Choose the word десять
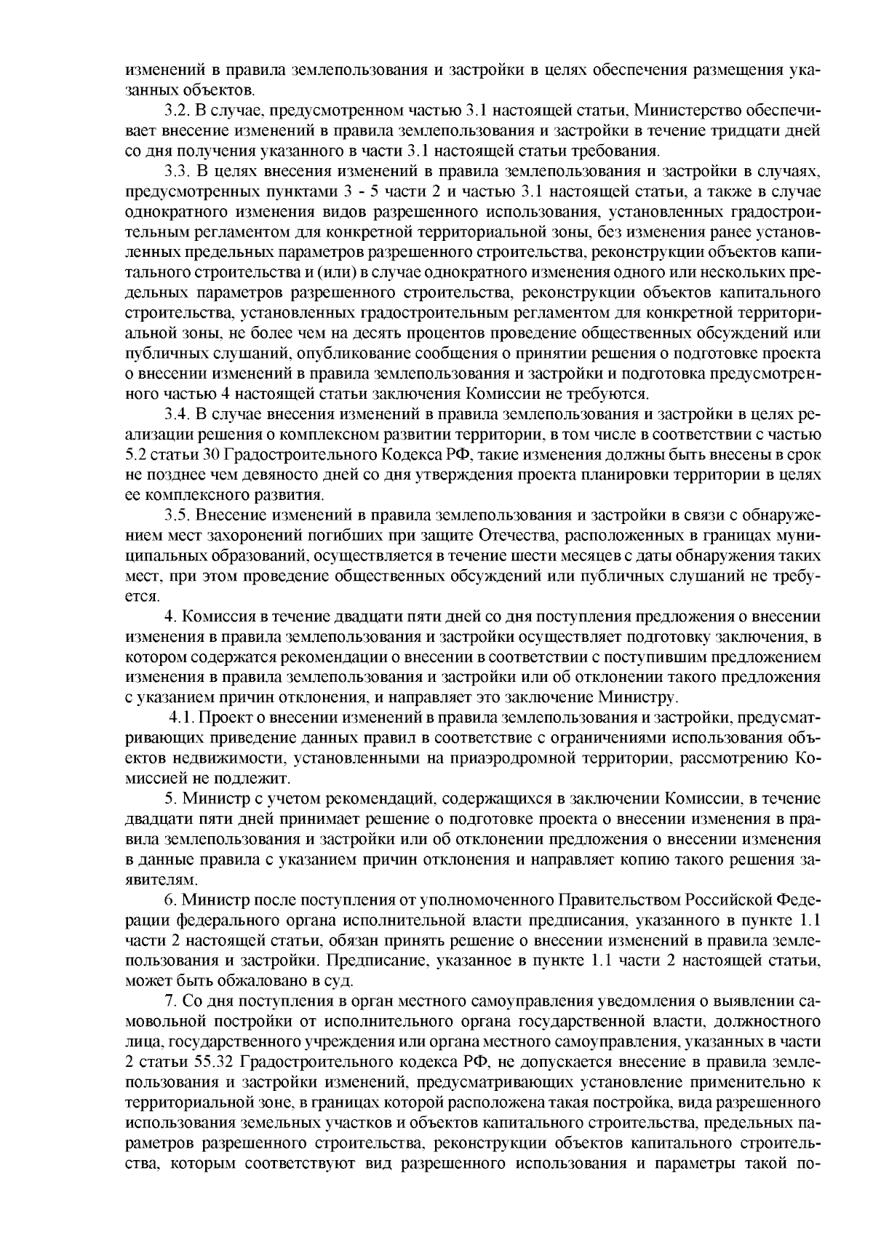tap(334, 334)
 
